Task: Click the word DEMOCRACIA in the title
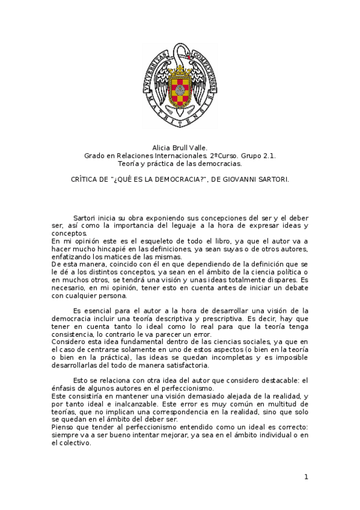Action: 176,179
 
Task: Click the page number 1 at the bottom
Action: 306,477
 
